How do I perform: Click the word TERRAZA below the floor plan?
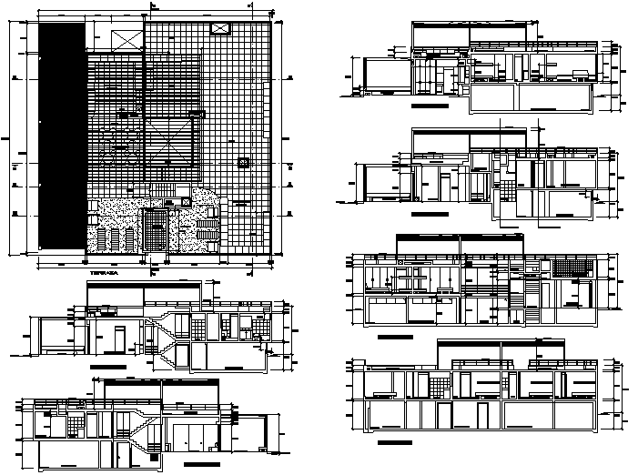(x=103, y=271)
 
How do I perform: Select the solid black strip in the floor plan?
(x=59, y=135)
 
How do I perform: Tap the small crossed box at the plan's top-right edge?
(x=221, y=29)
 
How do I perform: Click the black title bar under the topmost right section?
(x=430, y=106)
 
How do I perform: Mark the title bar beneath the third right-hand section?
(x=394, y=337)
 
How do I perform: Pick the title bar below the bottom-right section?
(x=394, y=442)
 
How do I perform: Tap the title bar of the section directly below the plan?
(x=107, y=363)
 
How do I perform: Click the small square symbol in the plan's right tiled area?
(x=243, y=162)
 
